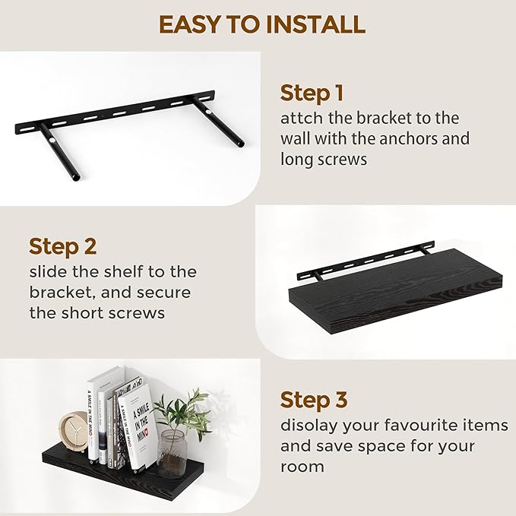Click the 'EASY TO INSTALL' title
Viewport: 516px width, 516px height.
(x=261, y=24)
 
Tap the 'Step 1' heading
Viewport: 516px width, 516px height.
(x=312, y=93)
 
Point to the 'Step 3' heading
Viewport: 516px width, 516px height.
(x=315, y=400)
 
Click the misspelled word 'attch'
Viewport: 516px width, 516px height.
(x=300, y=119)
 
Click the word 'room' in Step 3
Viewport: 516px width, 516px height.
(x=302, y=467)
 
